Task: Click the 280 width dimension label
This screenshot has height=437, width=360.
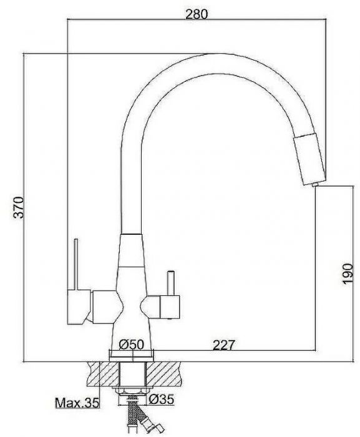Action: (x=197, y=14)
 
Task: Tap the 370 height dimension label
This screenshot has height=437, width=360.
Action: (x=19, y=207)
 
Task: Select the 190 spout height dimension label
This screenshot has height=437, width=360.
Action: (x=348, y=273)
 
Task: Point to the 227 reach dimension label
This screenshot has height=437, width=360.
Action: (x=224, y=345)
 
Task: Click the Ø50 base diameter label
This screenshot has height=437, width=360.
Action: (x=132, y=344)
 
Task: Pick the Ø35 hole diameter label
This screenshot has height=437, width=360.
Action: (x=162, y=399)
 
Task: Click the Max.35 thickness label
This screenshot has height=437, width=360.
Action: (x=77, y=403)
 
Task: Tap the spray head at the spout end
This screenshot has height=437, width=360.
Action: (x=309, y=159)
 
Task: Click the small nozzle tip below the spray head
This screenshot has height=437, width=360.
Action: (x=315, y=185)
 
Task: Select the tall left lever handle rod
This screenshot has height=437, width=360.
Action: (x=75, y=264)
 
